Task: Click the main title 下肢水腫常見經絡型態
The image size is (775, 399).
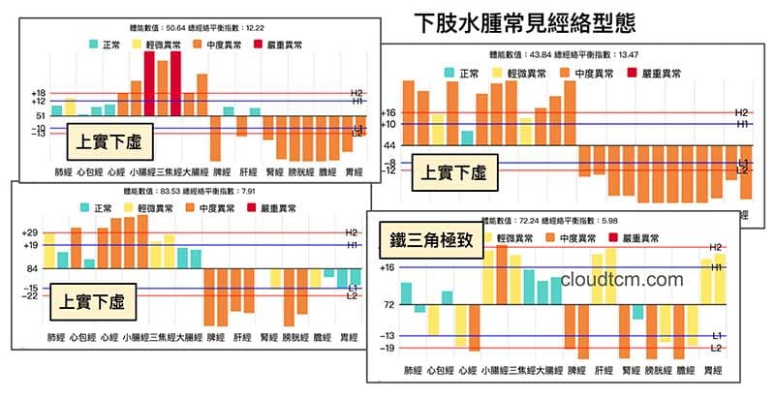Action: pos(524,21)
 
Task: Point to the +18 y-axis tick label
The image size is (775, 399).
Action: pos(38,93)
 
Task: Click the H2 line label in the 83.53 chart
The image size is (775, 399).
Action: pos(352,232)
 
